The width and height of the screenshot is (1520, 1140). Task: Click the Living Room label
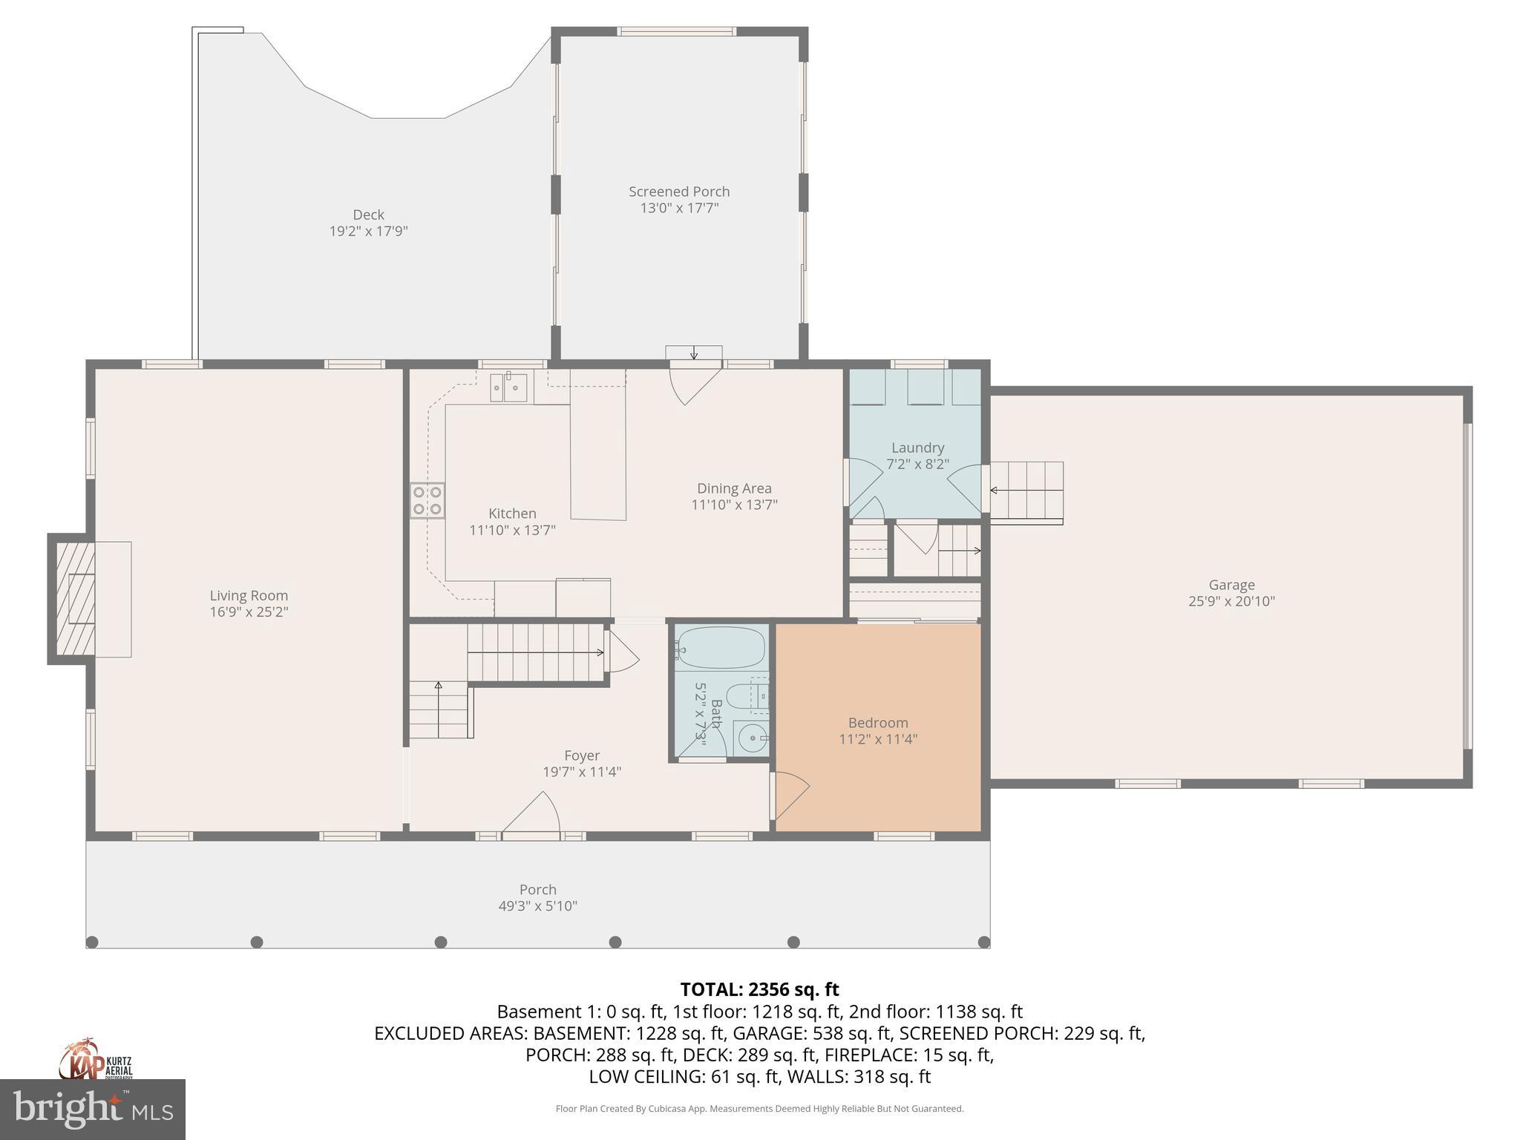248,595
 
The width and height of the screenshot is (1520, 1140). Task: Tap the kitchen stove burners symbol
427,500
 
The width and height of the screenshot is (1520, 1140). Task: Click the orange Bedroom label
878,723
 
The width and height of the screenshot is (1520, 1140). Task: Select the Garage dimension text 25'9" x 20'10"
1231,601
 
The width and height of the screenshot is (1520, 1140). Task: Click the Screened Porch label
679,191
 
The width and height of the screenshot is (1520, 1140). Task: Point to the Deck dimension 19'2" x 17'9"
368,232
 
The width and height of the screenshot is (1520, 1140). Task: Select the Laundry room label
917,448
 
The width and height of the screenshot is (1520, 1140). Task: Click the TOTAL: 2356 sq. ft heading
759,989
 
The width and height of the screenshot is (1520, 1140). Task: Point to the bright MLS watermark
92,1109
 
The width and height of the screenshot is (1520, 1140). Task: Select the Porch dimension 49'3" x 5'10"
537,906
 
